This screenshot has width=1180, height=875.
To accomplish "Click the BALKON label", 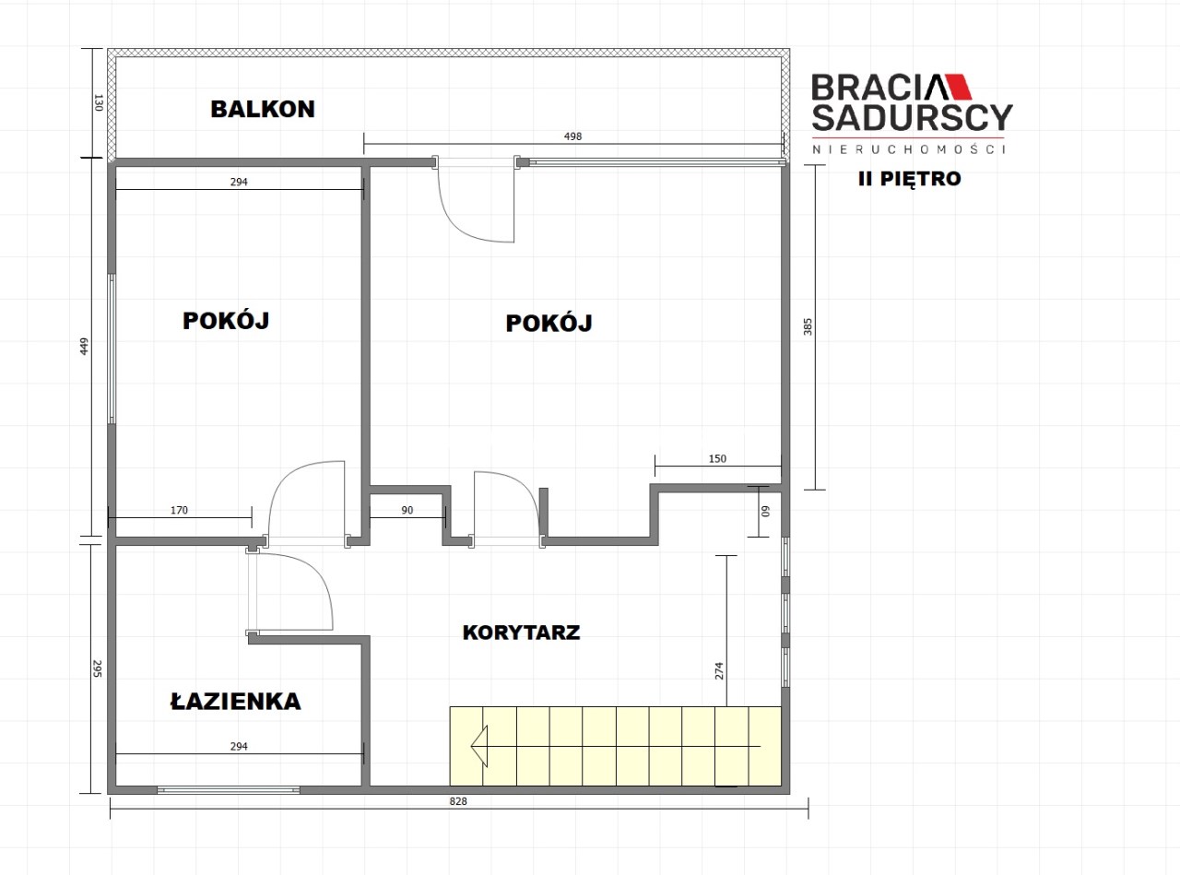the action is click(263, 109).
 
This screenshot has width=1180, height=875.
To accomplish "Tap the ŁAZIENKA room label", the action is click(236, 702).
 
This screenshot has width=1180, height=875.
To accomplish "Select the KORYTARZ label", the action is click(522, 633).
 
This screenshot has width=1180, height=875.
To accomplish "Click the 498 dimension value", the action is click(573, 136).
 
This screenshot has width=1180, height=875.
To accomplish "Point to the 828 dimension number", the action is click(458, 801).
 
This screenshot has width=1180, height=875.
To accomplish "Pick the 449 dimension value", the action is click(84, 347).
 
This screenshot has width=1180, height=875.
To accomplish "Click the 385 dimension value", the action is click(808, 326).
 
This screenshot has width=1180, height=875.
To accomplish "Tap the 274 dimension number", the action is click(719, 670).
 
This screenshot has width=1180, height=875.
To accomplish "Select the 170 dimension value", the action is click(179, 510).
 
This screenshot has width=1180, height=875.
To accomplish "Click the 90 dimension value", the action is click(407, 510).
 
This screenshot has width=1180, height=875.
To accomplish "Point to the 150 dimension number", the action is click(717, 458).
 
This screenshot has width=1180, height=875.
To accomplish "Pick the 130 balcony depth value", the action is click(98, 102).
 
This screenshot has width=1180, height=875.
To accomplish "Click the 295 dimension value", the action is click(98, 668).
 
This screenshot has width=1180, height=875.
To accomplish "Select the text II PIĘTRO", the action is click(910, 179).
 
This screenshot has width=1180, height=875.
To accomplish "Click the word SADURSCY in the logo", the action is click(913, 118).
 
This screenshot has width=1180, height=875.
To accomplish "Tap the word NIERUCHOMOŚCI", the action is click(909, 149).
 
